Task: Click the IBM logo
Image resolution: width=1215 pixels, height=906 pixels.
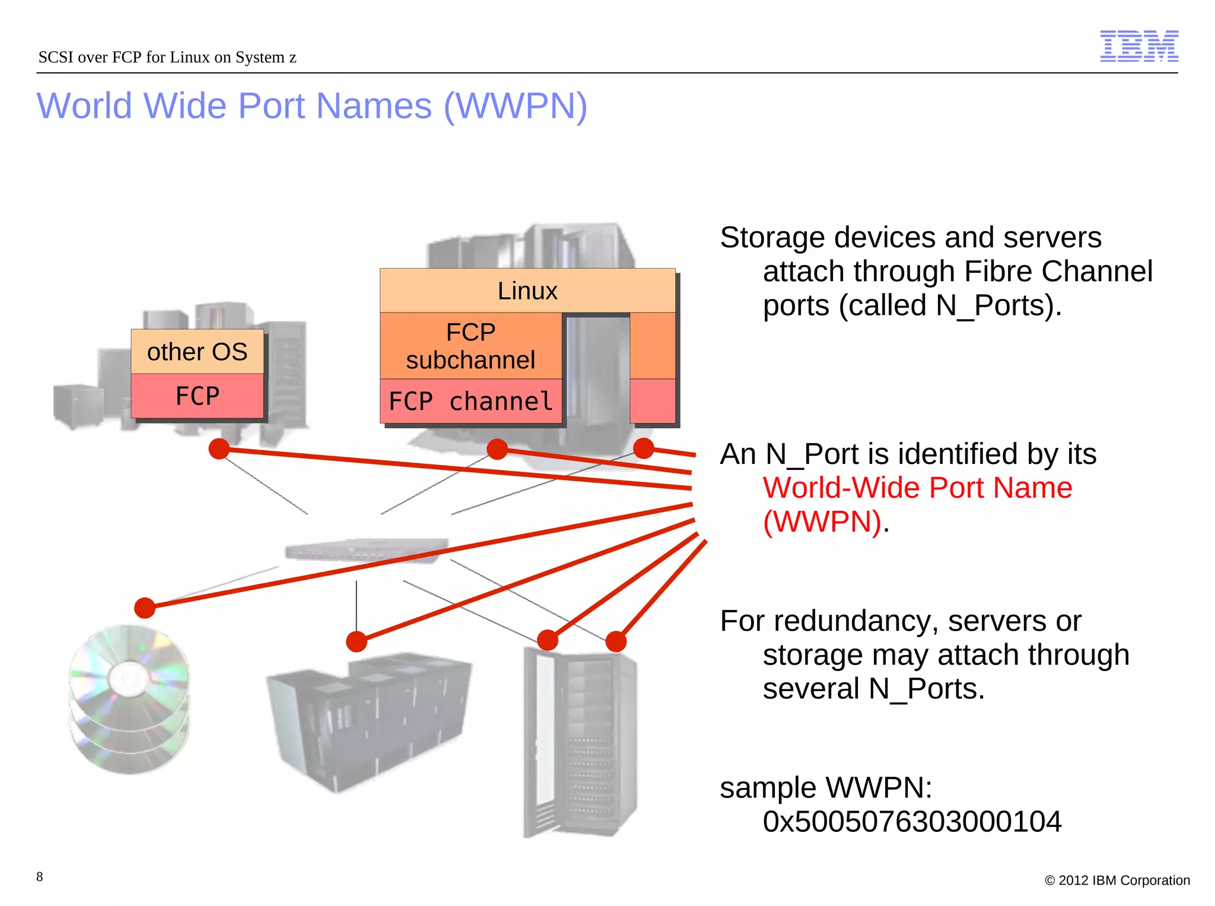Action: [x=1138, y=46]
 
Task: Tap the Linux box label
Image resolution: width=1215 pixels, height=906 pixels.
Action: [x=527, y=291]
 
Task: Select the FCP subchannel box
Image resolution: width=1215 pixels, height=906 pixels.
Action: [x=470, y=346]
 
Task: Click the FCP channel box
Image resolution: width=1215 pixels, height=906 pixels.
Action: [x=470, y=401]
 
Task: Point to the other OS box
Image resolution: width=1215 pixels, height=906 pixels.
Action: [x=197, y=351]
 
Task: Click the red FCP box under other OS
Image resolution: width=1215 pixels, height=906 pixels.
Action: [x=197, y=396]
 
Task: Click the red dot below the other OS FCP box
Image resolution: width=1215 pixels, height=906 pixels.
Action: [x=219, y=449]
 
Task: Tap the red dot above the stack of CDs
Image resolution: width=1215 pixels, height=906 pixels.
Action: [x=145, y=608]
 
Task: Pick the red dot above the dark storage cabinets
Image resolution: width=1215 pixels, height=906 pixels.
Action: [x=357, y=641]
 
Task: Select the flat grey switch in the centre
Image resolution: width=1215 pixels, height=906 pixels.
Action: [x=367, y=550]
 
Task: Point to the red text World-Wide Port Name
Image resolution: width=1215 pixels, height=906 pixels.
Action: [x=917, y=488]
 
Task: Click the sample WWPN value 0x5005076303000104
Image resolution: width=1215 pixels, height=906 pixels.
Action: [x=912, y=822]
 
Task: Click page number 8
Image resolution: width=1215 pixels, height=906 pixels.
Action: [x=40, y=876]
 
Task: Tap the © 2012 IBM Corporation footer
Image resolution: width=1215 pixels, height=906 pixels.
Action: [x=1117, y=880]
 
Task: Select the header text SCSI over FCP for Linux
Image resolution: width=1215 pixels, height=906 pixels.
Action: [x=167, y=57]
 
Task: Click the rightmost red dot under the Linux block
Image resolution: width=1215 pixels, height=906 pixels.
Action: [x=643, y=449]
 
